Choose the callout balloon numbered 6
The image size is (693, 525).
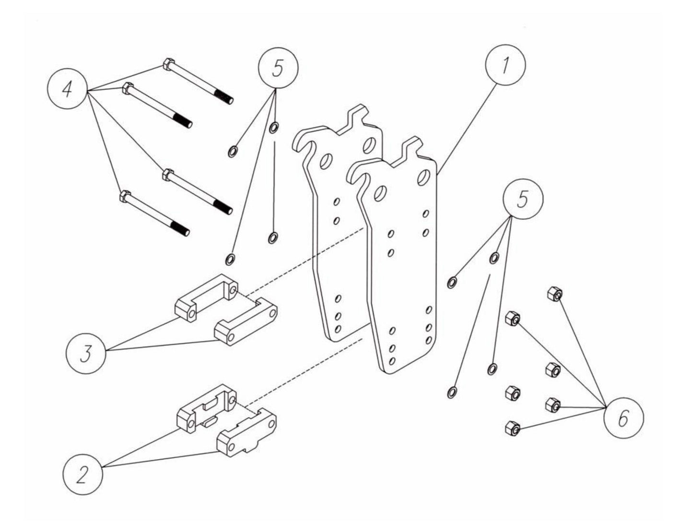[x=623, y=419]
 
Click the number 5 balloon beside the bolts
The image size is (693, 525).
[x=278, y=68]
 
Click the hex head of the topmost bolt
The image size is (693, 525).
[x=168, y=64]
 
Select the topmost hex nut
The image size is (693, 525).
[x=554, y=294]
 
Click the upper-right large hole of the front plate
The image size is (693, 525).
[x=423, y=176]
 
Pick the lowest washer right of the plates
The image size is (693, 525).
[x=451, y=393]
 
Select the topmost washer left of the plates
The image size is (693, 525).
[x=274, y=128]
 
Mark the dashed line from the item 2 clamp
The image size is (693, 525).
[x=307, y=370]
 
